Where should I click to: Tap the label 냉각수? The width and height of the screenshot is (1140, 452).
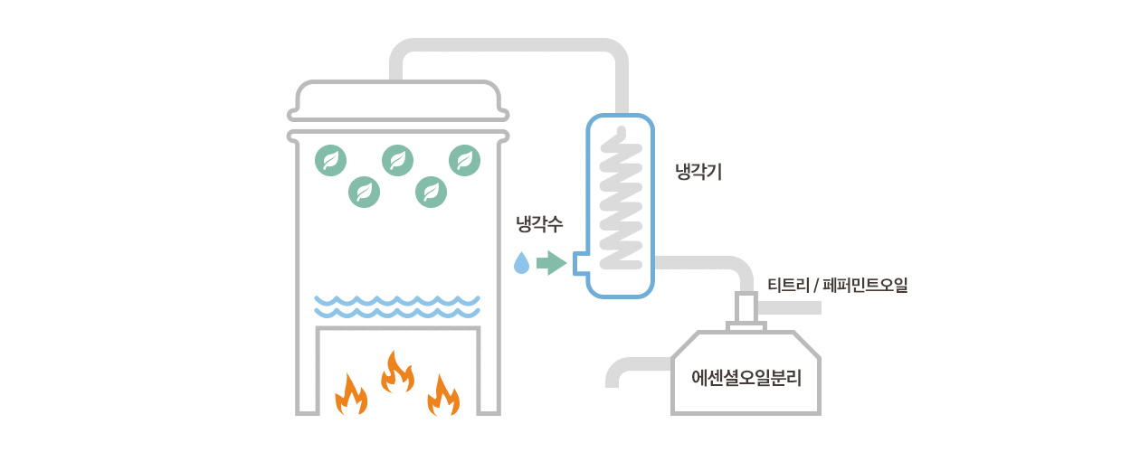pyautogui.click(x=539, y=225)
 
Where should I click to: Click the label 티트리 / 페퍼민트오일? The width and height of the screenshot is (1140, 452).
pyautogui.click(x=837, y=286)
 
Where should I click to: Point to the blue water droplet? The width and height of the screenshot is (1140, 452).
pyautogui.click(x=521, y=263)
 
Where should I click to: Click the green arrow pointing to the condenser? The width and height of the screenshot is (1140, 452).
pyautogui.click(x=551, y=263)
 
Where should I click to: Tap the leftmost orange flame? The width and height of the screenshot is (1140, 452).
pyautogui.click(x=351, y=396)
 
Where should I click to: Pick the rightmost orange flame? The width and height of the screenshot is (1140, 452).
pyautogui.click(x=443, y=395)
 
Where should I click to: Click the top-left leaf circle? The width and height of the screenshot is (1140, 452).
pyautogui.click(x=330, y=160)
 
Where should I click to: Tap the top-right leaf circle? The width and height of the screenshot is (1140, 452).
pyautogui.click(x=465, y=160)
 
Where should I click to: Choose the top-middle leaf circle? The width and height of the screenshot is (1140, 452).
pyautogui.click(x=398, y=160)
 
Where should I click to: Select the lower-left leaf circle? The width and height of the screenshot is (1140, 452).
pyautogui.click(x=365, y=192)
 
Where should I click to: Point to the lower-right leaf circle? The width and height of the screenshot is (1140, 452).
pyautogui.click(x=432, y=192)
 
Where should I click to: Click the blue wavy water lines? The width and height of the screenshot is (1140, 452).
pyautogui.click(x=397, y=306)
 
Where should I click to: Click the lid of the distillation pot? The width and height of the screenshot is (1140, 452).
pyautogui.click(x=398, y=99)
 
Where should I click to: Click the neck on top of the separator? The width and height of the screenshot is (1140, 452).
pyautogui.click(x=746, y=310)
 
